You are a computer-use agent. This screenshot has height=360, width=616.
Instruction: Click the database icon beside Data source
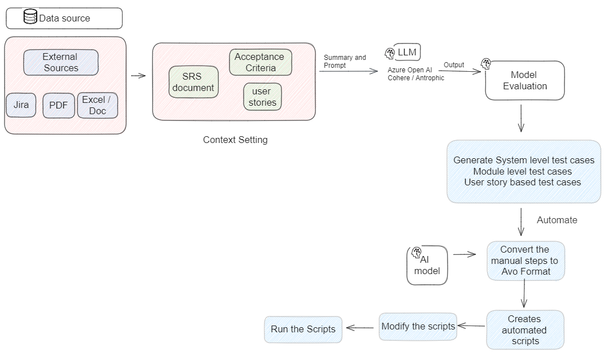[31, 17]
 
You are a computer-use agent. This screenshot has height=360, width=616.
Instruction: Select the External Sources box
[61, 62]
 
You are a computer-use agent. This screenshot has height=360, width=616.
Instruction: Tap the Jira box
[21, 105]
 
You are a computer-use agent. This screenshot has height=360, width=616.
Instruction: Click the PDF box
[58, 106]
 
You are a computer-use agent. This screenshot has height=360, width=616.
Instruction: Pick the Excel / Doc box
[97, 105]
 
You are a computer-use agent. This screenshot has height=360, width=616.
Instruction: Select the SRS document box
[193, 82]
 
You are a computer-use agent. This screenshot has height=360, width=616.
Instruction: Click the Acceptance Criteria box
[260, 62]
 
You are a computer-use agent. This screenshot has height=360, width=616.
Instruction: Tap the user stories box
[262, 97]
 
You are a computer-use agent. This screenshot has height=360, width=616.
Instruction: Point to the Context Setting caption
[235, 140]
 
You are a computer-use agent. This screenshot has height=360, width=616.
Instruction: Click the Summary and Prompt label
[345, 61]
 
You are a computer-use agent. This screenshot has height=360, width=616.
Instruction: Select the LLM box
[407, 52]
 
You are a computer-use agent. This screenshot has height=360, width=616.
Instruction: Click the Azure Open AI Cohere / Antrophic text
[416, 73]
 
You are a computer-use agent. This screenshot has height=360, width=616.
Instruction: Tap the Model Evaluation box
[524, 80]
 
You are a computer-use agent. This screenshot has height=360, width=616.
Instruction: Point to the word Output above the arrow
[454, 65]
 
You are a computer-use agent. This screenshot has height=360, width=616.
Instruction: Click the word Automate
[557, 220]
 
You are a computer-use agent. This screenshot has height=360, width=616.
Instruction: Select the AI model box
[427, 266]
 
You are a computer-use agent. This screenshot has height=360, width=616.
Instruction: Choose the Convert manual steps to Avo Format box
[525, 261]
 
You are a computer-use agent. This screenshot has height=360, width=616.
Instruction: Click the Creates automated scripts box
[524, 329]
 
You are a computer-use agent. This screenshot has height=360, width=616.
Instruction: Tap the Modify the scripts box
[418, 326]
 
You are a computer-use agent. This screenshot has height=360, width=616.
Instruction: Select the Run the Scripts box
[303, 329]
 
